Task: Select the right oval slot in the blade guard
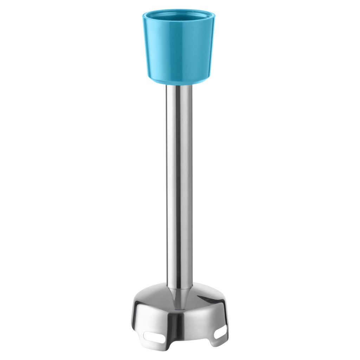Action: [220, 334]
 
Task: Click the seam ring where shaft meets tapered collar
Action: [179, 287]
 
